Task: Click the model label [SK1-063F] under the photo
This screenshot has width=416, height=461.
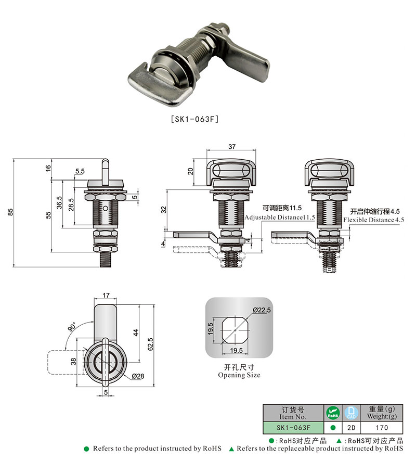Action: [195, 119]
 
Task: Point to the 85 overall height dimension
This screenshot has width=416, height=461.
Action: [10, 212]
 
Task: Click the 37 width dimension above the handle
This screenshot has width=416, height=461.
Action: [232, 146]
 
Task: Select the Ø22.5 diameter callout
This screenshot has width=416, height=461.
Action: [262, 310]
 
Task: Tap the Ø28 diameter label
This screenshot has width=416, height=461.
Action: [138, 376]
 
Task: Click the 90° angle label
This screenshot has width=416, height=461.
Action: [72, 327]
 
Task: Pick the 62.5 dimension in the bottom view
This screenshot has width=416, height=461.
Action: [150, 344]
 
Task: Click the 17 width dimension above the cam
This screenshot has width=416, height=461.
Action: [106, 295]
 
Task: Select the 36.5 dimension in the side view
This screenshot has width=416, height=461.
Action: [59, 202]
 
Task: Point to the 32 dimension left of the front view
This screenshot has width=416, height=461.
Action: [164, 210]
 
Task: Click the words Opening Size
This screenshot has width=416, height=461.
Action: [239, 375]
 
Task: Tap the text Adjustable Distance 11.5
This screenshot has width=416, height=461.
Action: [280, 217]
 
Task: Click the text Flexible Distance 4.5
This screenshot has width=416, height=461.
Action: [374, 220]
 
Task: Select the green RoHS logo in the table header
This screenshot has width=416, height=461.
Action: [333, 413]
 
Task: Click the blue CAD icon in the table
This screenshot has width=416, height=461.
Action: [352, 413]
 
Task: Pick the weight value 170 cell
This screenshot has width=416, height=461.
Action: [382, 428]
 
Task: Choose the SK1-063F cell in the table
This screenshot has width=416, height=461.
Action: [293, 428]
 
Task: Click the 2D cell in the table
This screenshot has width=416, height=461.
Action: [352, 428]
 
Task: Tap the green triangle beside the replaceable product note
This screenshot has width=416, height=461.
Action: [231, 449]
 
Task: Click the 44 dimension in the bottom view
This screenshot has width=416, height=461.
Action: [135, 332]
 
